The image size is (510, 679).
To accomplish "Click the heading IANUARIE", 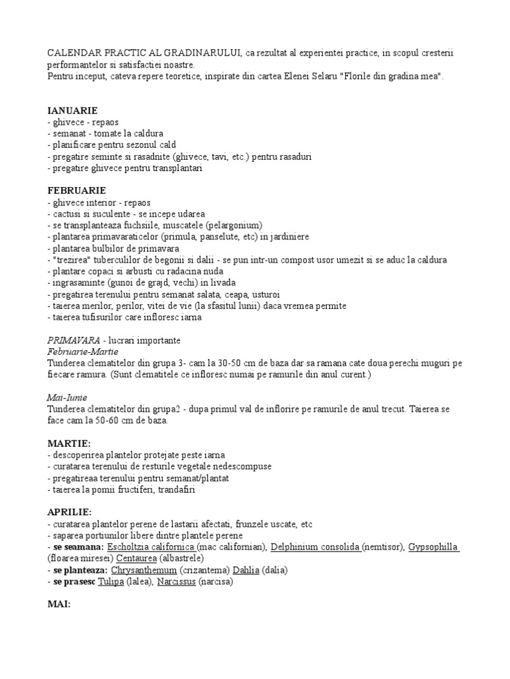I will point(73,110).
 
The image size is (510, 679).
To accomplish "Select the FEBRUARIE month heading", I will point(77,190).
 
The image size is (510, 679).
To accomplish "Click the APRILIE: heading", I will point(70,513).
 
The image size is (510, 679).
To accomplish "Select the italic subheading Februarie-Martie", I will point(78,351).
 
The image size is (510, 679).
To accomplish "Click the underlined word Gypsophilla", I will point(433,547).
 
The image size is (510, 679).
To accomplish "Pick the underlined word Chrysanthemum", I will point(143,570).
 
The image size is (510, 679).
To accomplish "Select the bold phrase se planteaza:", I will point(80,570).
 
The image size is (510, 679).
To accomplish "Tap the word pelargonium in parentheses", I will point(234,225).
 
